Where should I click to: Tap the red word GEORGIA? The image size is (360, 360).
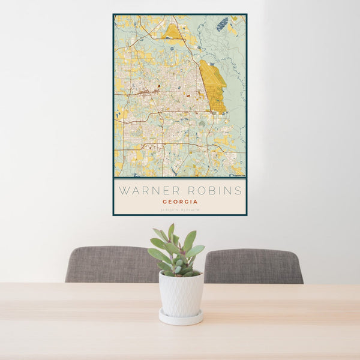pos(180,202)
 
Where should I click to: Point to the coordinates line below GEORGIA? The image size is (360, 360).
pos(180,209)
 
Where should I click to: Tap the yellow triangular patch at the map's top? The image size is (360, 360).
pos(174,31)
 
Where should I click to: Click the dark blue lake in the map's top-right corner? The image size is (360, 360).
pos(223,24)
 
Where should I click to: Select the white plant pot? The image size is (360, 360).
pos(181,294)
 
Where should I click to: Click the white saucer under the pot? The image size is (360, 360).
pos(181,318)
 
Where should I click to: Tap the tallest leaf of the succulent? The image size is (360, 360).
pos(171,232)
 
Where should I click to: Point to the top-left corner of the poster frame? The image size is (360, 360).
pos(113,14)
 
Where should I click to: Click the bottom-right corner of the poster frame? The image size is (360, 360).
pos(246,214)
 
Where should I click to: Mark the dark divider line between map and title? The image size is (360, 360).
pos(180,178)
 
